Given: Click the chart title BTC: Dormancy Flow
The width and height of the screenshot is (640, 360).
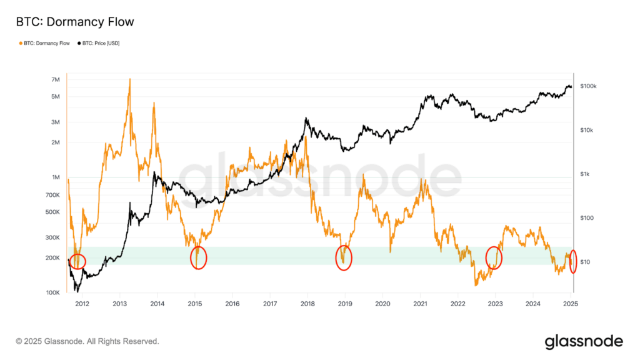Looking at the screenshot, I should tap(74, 22).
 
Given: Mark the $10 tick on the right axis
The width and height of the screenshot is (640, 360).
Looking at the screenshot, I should tap(585, 262).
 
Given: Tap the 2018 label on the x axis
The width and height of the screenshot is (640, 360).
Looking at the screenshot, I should tap(307, 304).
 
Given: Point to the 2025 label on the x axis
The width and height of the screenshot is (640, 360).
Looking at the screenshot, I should tap(570, 304).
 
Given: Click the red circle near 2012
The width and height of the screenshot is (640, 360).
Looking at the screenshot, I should tap(77, 261).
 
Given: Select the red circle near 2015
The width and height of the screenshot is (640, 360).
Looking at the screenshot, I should tap(198, 257).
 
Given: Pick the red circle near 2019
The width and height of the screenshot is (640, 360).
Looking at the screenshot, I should tap(344, 257).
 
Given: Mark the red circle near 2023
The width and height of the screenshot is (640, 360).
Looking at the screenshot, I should tap(494, 257).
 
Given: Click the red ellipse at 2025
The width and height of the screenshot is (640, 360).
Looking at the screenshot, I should tap(574, 261).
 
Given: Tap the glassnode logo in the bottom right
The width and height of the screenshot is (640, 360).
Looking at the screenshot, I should tap(584, 341).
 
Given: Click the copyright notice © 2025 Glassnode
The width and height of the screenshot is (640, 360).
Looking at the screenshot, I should tap(87, 342).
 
